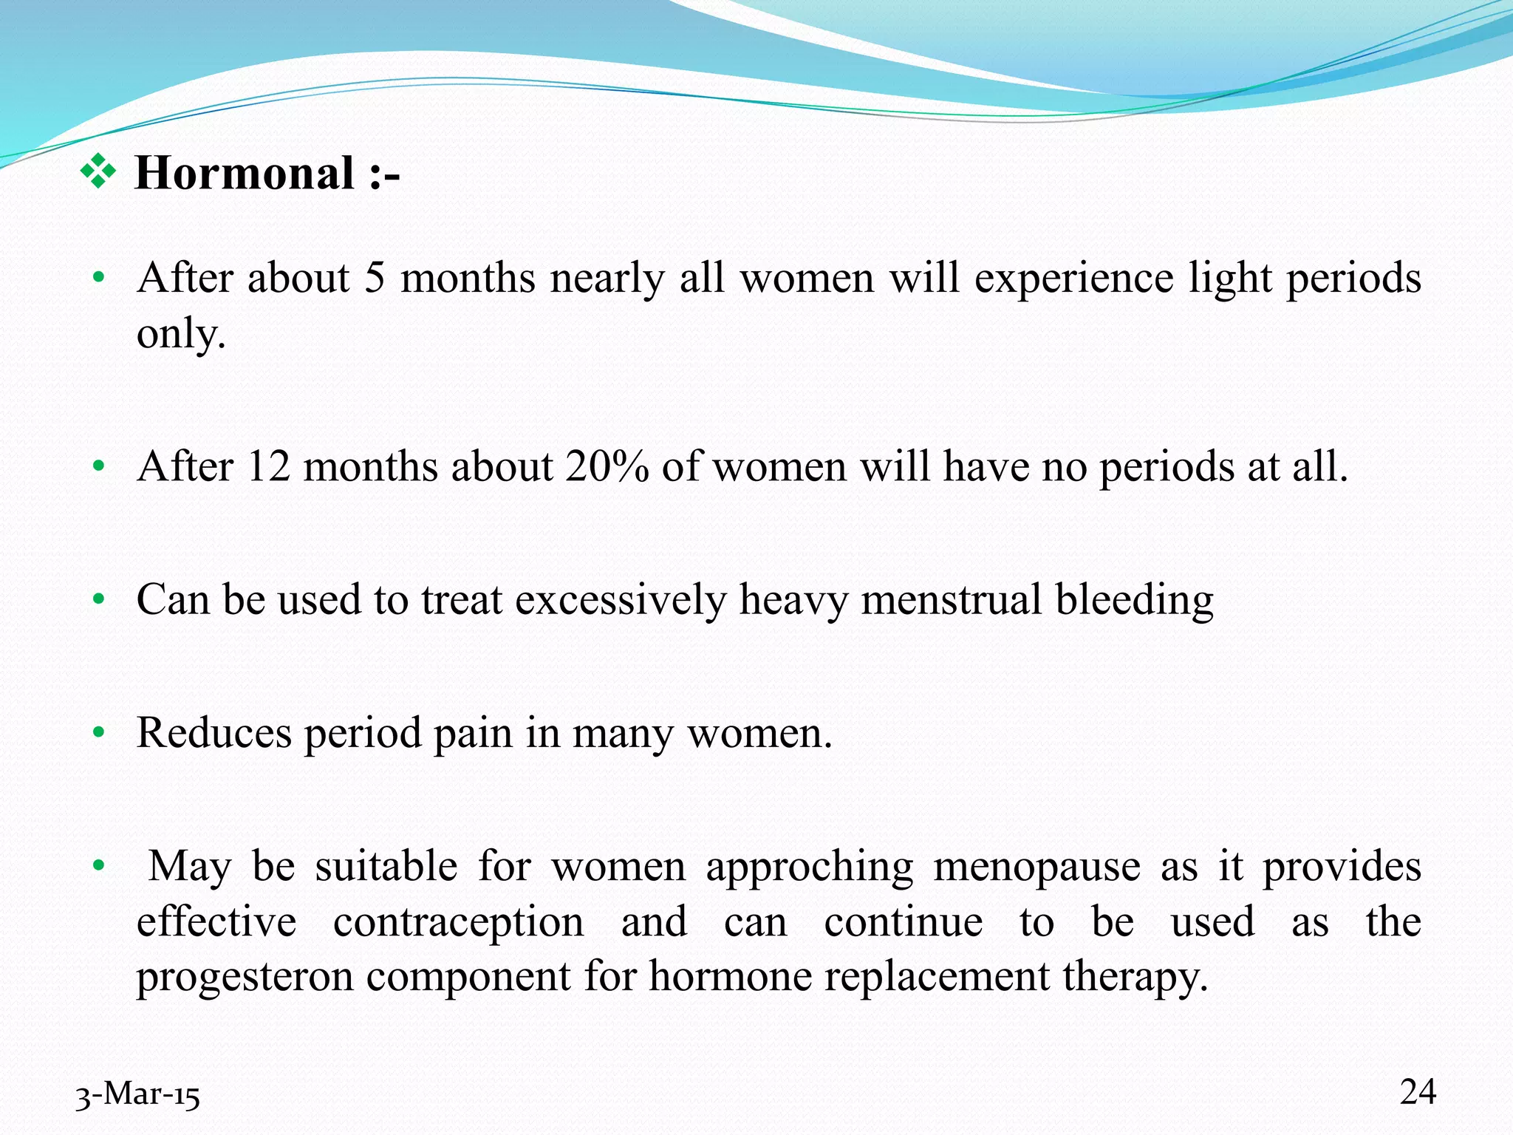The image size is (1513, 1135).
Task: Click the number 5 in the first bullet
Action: [375, 279]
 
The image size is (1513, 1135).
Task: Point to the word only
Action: [180, 334]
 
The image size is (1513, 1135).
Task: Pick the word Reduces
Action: [214, 733]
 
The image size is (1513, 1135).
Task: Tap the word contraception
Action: [458, 921]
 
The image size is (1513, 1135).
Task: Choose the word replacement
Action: [937, 977]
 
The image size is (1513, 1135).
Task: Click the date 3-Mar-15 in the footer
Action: [138, 1094]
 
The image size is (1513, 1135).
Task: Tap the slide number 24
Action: [1418, 1091]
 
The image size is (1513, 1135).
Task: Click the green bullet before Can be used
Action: [98, 600]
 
